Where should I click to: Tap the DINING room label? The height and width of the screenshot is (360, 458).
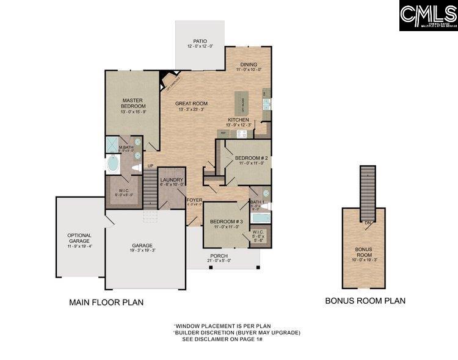[249, 64]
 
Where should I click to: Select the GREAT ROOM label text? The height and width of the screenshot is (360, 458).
[191, 104]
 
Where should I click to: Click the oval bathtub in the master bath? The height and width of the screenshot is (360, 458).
[113, 164]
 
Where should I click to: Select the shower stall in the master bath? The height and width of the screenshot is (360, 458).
[112, 145]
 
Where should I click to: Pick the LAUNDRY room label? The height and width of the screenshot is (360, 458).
[172, 180]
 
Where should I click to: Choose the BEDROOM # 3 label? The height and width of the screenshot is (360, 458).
[227, 221]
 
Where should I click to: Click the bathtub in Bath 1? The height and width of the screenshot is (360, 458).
[260, 218]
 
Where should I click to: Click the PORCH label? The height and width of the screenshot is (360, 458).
[219, 256]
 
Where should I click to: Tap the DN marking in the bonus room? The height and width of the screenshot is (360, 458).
[368, 223]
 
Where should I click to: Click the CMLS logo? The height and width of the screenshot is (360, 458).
[427, 16]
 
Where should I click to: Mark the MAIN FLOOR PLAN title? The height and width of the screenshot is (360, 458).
[106, 302]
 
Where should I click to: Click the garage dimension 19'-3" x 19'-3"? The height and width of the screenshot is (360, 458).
[142, 251]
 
